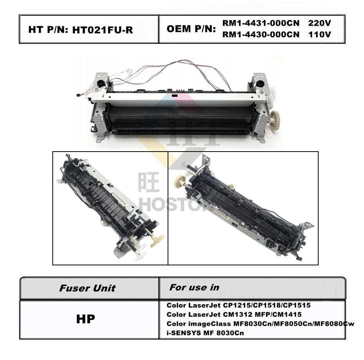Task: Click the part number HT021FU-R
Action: click(x=103, y=30)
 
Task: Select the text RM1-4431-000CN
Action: click(x=261, y=23)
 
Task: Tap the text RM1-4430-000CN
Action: click(x=261, y=35)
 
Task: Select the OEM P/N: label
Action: click(x=191, y=29)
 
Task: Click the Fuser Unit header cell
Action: click(x=87, y=288)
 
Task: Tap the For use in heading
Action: click(x=194, y=287)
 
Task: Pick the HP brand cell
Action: click(x=85, y=319)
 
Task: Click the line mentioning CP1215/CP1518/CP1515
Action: click(x=238, y=305)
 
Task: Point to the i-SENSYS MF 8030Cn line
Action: click(x=205, y=333)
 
